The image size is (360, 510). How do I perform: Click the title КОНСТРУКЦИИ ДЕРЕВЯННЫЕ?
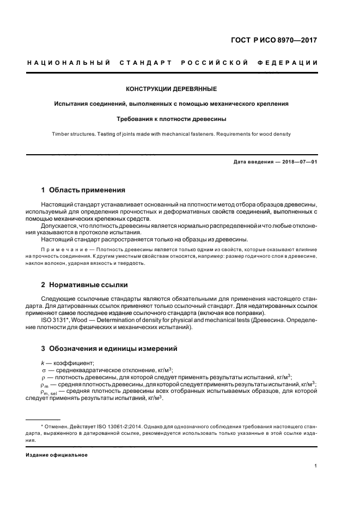pos(172,88)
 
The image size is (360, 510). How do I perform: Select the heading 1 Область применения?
pos(83,190)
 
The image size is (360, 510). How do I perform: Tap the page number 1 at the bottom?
pos(316,465)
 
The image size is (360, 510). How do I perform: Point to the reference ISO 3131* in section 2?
pos(53,320)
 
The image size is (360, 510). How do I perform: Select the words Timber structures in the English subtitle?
pos(72,133)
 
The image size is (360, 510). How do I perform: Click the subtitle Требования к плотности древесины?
pos(172,118)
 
